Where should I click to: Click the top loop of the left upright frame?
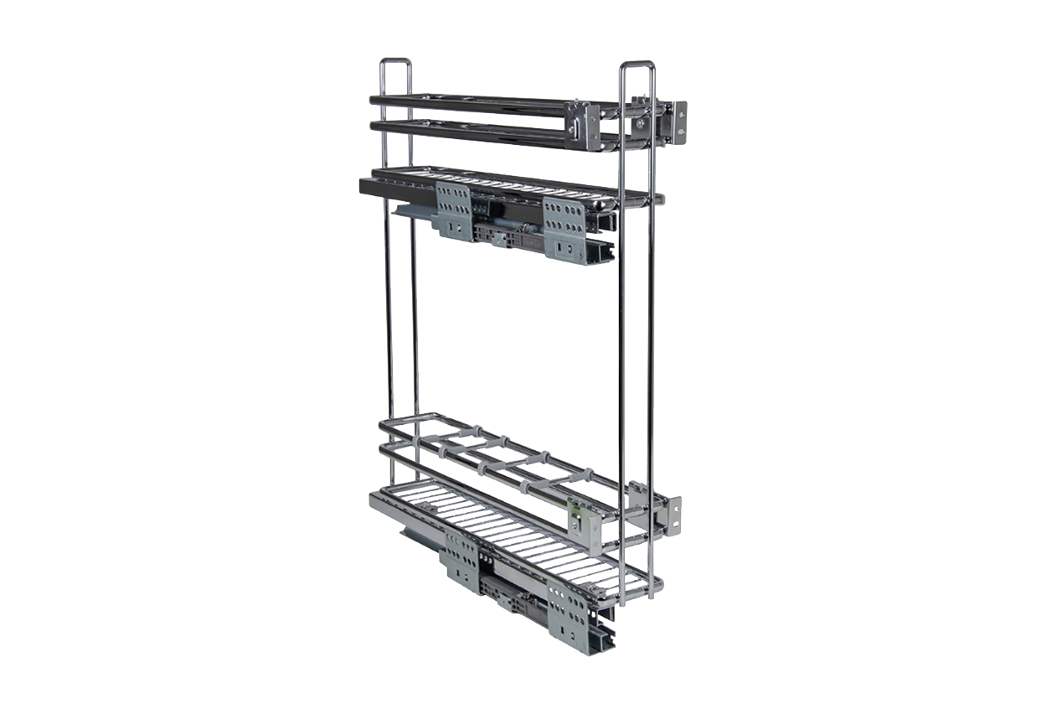click(395, 61)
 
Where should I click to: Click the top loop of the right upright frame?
click(637, 65)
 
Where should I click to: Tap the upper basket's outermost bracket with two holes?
click(676, 122)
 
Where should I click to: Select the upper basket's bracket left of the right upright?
click(583, 126)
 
